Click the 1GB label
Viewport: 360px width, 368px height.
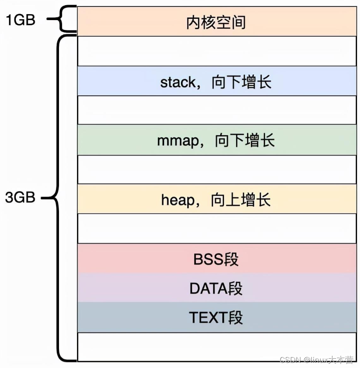pyautogui.click(x=21, y=20)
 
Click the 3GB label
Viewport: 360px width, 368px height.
pyautogui.click(x=20, y=197)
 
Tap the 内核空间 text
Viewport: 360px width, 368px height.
pyautogui.click(x=216, y=22)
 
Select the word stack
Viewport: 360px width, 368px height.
pyautogui.click(x=178, y=82)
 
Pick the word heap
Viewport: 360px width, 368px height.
pyautogui.click(x=178, y=200)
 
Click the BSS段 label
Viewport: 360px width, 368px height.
pyautogui.click(x=216, y=259)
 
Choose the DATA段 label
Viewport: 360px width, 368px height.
pyautogui.click(x=216, y=288)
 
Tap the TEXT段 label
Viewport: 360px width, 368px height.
pyautogui.click(x=216, y=317)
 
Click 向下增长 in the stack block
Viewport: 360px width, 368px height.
pyautogui.click(x=242, y=82)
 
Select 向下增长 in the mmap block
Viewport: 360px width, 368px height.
pyautogui.click(x=245, y=140)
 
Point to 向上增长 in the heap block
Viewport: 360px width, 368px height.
pyautogui.click(x=241, y=200)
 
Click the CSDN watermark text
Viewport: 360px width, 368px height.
pyautogui.click(x=316, y=360)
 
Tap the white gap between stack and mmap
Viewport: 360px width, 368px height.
pyautogui.click(x=217, y=110)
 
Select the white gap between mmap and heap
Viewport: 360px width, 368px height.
pyautogui.click(x=217, y=169)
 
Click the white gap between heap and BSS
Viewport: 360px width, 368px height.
pyautogui.click(x=217, y=228)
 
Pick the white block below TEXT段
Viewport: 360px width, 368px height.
pyautogui.click(x=217, y=347)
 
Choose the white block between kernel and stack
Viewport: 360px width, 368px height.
pyautogui.click(x=217, y=51)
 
